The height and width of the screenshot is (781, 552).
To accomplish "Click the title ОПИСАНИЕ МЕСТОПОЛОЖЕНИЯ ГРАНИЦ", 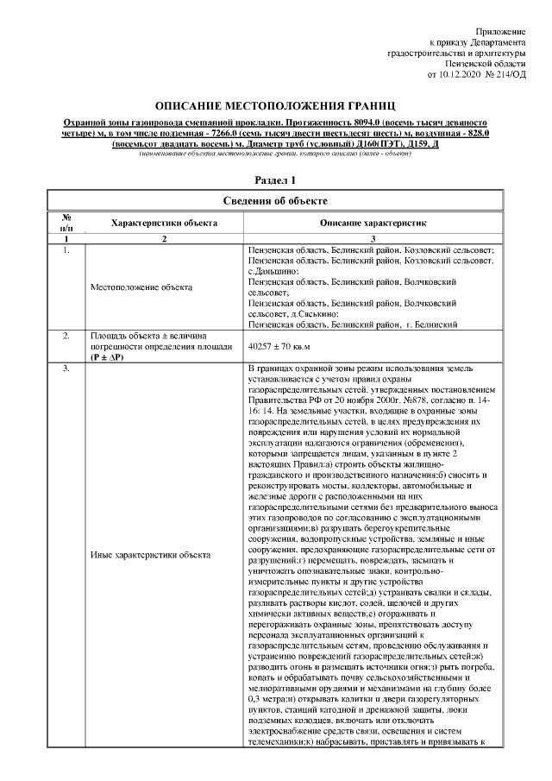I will [x=275, y=104].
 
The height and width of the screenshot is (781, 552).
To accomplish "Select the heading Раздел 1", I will [x=275, y=180].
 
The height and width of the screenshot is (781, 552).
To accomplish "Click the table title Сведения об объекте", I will [x=275, y=202].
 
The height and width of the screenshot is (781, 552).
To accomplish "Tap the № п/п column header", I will [x=66, y=222].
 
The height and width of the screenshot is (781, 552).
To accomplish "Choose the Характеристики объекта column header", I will [x=164, y=223].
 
